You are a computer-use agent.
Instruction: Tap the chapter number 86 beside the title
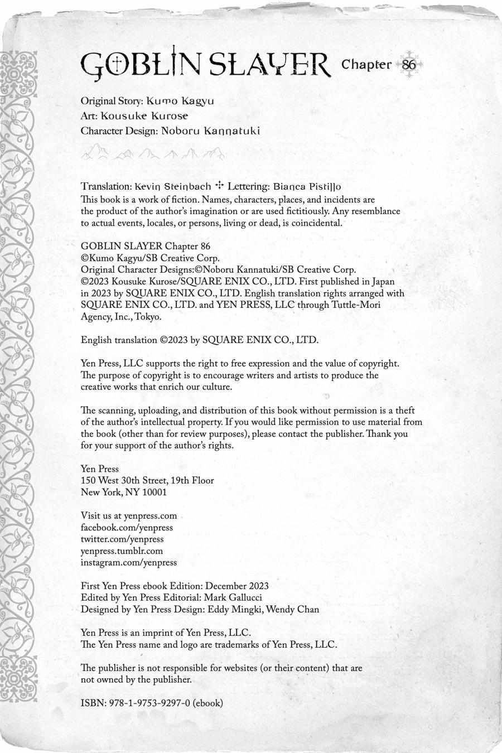pos(409,64)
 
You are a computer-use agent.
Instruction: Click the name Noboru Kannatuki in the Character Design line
pos(210,131)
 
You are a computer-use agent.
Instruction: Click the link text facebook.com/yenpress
pos(127,528)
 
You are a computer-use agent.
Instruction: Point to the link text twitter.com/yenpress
pos(122,539)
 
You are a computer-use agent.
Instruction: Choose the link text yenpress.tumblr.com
pos(122,551)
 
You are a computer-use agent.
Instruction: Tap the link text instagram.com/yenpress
pos(128,563)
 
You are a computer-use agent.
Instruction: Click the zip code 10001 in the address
pos(153,493)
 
